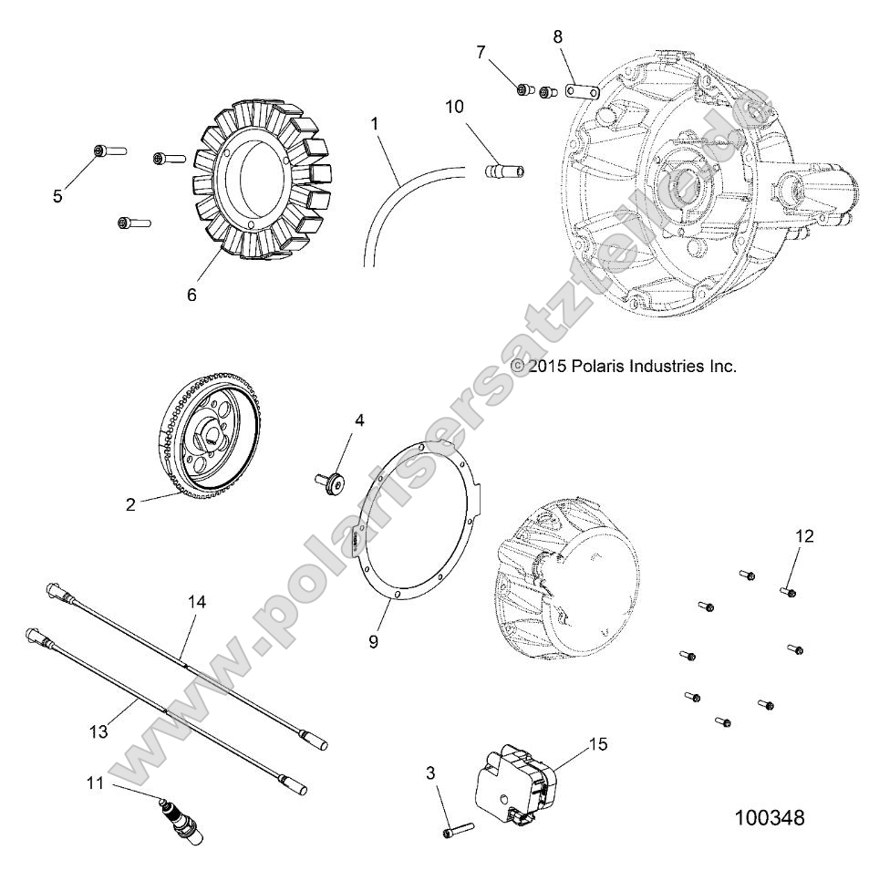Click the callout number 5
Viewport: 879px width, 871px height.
tap(57, 196)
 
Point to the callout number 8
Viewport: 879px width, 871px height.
tap(558, 37)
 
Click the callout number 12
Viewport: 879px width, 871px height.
tap(804, 535)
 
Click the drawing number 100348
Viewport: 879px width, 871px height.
tap(769, 818)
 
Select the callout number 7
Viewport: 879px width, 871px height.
tap(481, 51)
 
